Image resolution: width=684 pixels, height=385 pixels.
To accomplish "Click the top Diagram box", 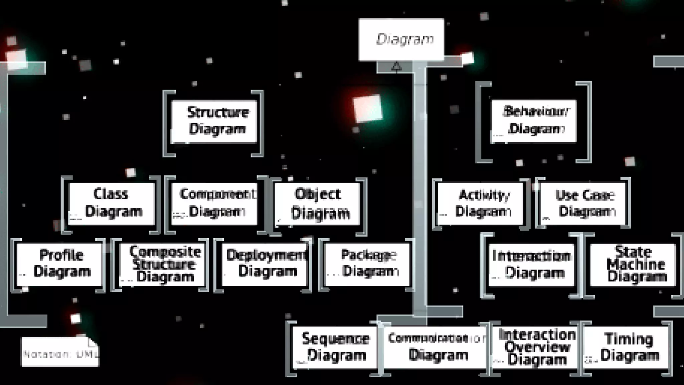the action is pyautogui.click(x=401, y=39).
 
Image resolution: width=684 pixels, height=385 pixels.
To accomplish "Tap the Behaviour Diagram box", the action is pyautogui.click(x=533, y=121).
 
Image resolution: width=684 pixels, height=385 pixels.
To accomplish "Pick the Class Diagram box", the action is pyautogui.click(x=112, y=204).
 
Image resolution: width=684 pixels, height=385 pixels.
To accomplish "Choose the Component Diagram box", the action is pyautogui.click(x=214, y=204).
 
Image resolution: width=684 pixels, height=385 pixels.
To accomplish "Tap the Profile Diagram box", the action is pyautogui.click(x=59, y=264).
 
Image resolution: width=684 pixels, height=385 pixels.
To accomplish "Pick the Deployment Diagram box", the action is pyautogui.click(x=265, y=264).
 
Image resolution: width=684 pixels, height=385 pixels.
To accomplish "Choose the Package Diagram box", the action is pyautogui.click(x=367, y=264).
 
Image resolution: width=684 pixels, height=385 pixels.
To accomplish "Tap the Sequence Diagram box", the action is pyautogui.click(x=335, y=348).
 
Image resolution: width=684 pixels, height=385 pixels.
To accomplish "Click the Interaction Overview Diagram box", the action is pyautogui.click(x=535, y=348).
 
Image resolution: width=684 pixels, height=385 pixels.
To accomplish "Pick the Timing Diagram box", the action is pyautogui.click(x=627, y=348).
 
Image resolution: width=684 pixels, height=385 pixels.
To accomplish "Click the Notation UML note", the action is pyautogui.click(x=60, y=352).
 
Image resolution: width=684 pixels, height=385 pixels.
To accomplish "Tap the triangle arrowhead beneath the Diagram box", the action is pyautogui.click(x=396, y=67).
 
